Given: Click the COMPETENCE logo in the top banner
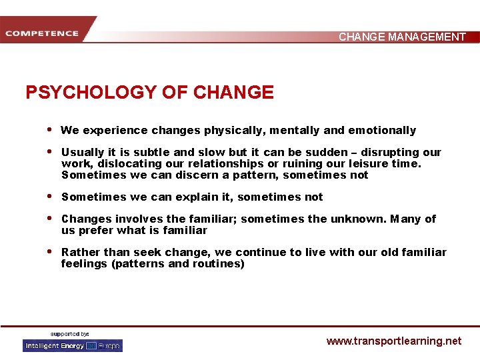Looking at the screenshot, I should point(41,33).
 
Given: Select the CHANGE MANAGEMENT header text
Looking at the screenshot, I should point(402,37).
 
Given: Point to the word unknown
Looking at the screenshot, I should point(357,219).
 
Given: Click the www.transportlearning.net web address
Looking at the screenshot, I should point(393,341).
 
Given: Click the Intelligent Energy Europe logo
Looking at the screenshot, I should point(73,345).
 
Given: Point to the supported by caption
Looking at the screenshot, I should point(70,333).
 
